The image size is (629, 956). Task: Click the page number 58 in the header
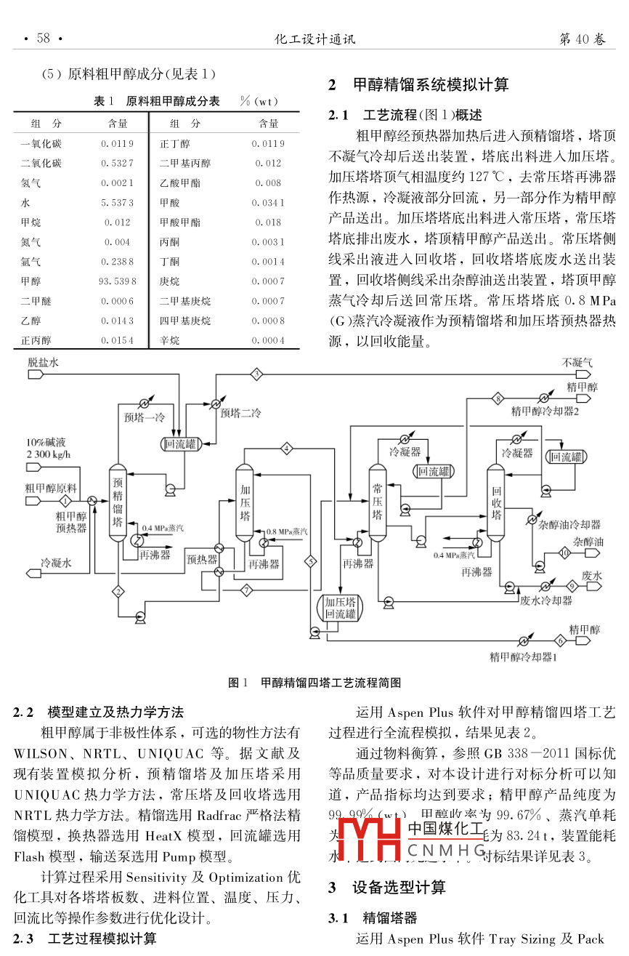tap(44, 39)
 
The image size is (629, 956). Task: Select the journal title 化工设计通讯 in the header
tap(314, 39)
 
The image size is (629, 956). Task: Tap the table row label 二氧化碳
tap(41, 164)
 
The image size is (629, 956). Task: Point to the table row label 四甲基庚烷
tap(185, 321)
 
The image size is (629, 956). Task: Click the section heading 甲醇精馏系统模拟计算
tap(430, 85)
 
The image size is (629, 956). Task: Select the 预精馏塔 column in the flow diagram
tap(117, 502)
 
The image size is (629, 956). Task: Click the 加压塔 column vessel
tap(244, 502)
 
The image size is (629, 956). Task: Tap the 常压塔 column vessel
tap(377, 501)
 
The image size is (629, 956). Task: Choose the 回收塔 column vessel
tap(496, 502)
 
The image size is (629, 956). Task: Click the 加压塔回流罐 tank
tap(340, 608)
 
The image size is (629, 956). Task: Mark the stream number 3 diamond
tap(256, 374)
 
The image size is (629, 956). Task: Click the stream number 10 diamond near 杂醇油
tap(564, 553)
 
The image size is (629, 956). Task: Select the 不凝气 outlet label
tap(577, 362)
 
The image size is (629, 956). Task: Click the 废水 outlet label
tap(592, 575)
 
